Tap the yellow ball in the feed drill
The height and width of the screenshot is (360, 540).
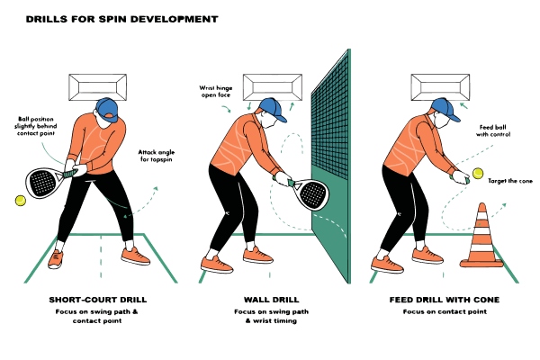click(476, 172)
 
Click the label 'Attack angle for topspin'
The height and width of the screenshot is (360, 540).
click(156, 159)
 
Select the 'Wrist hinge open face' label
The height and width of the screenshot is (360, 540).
click(216, 93)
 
